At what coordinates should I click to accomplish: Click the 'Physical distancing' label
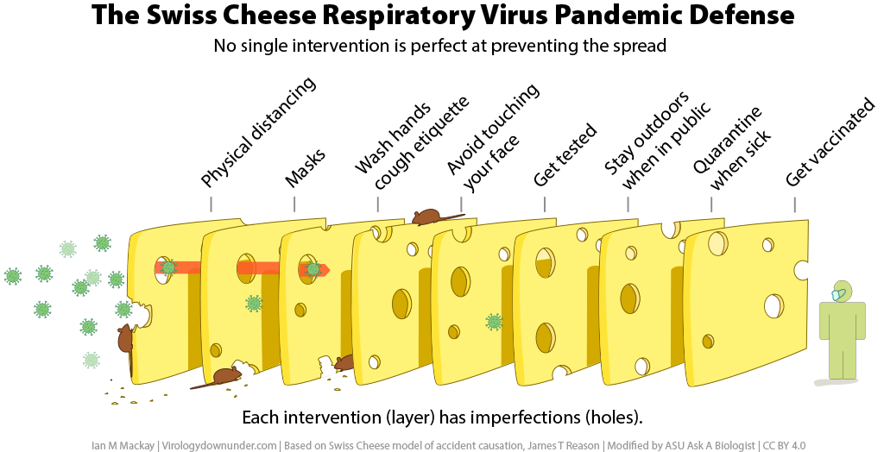258,133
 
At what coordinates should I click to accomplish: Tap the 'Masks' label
305,168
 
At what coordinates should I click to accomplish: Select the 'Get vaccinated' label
830,142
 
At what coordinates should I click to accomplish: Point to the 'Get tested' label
565,155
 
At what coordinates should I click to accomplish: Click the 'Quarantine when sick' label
732,148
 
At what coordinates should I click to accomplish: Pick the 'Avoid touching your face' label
493,138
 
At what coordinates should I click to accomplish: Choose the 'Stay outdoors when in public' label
657,140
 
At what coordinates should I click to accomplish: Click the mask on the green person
839,294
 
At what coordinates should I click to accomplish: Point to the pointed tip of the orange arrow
330,269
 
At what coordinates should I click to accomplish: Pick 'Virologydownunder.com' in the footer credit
219,445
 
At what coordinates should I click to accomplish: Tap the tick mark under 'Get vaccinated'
795,204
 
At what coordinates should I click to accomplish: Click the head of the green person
841,292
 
